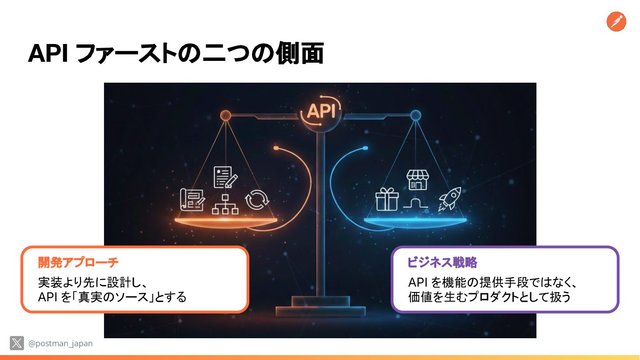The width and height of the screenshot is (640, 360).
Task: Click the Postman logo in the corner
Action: click(x=616, y=21)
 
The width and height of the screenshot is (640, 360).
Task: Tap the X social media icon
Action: click(x=17, y=343)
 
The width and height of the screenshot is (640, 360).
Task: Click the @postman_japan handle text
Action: click(x=60, y=344)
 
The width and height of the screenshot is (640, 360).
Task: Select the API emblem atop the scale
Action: click(x=321, y=111)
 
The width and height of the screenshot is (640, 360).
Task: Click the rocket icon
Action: click(x=449, y=198)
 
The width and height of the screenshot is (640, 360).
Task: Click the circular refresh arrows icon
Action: click(x=257, y=200)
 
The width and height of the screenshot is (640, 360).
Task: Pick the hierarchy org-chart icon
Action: click(x=225, y=204)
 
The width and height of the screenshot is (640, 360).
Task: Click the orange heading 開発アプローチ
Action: click(x=78, y=263)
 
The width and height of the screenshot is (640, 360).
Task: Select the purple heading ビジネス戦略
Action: click(x=442, y=263)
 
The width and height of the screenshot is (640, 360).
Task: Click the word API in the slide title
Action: click(x=47, y=54)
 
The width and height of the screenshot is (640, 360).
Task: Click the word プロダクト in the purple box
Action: click(x=492, y=297)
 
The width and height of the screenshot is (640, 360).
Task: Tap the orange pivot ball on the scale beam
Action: click(x=225, y=116)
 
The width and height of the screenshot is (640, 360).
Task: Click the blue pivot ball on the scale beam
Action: click(x=416, y=116)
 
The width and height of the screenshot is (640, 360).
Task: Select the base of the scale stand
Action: click(x=320, y=306)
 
